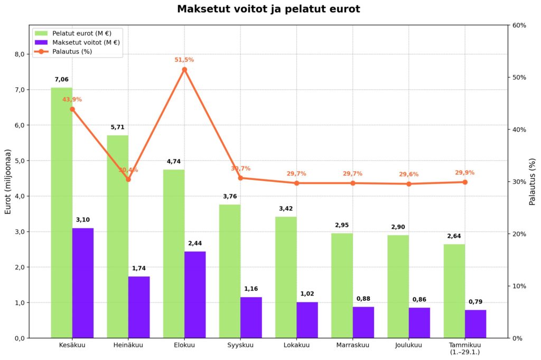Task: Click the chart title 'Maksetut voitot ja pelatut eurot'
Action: (x=268, y=9)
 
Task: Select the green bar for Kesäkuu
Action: (x=61, y=211)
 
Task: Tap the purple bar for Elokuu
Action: (x=195, y=294)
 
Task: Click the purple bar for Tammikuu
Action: (x=475, y=324)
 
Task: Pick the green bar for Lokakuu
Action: (x=286, y=277)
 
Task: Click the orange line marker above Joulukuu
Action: (x=408, y=184)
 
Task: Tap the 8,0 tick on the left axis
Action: (x=19, y=54)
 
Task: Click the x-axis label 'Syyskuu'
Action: (x=240, y=346)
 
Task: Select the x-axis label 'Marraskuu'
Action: (x=352, y=346)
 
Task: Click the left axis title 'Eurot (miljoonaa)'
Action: (x=8, y=181)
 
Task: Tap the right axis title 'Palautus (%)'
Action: (x=533, y=181)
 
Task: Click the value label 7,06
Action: (x=61, y=80)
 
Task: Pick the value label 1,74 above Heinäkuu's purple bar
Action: (x=139, y=269)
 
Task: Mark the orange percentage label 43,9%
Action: (x=72, y=99)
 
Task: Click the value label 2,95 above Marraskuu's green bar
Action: (x=342, y=226)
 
